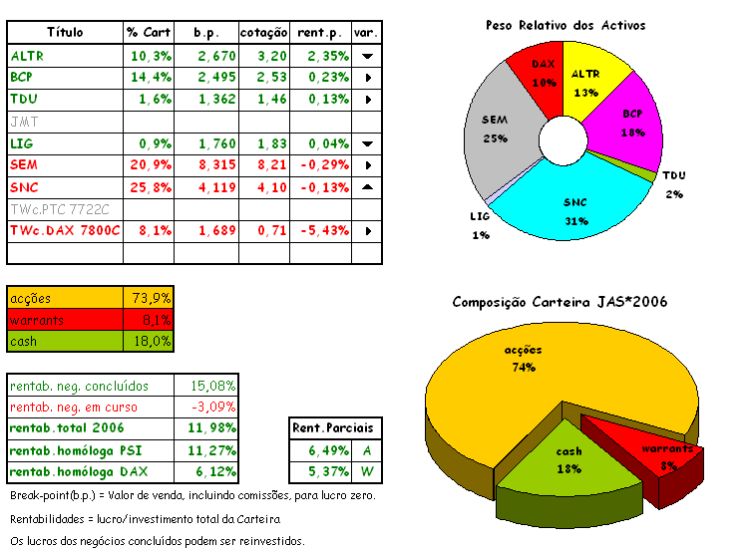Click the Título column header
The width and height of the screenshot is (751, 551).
click(65, 33)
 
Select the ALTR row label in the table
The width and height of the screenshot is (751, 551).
click(27, 56)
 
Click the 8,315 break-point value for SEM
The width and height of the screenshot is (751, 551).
click(216, 164)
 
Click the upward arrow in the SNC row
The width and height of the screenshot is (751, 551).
click(368, 186)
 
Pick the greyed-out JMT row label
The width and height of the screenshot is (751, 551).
click(23, 121)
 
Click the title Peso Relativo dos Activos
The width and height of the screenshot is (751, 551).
click(564, 24)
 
